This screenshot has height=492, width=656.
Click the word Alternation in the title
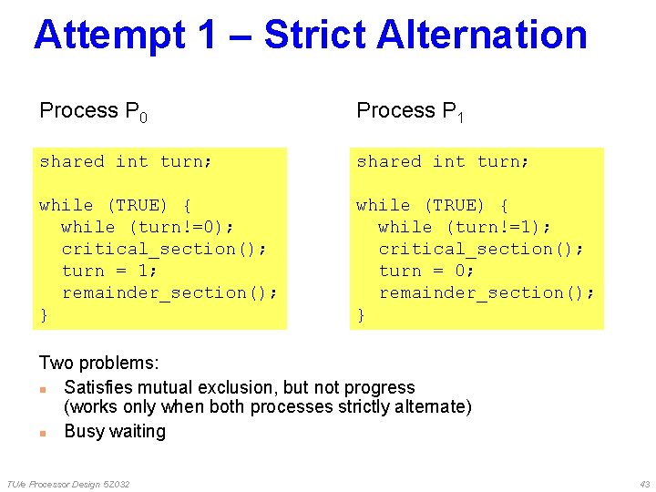click(481, 35)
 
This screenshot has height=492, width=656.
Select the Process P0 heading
click(94, 111)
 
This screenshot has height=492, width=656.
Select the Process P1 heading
click(411, 111)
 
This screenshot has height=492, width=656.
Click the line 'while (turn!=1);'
click(465, 227)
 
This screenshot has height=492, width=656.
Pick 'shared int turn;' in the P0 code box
click(126, 162)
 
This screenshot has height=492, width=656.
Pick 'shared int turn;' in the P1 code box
click(443, 162)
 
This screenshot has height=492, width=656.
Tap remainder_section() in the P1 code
click(487, 292)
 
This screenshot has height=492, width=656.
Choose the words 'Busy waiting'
click(115, 432)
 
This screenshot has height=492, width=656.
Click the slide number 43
click(645, 484)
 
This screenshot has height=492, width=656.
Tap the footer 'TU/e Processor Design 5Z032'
click(67, 484)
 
